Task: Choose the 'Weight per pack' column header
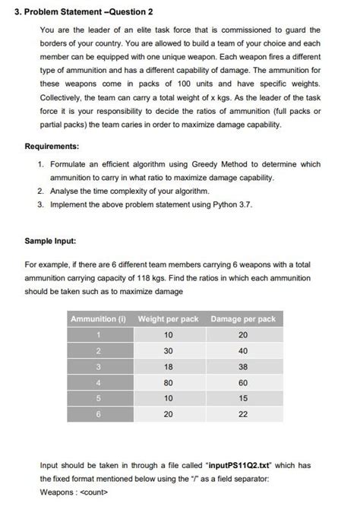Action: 168,319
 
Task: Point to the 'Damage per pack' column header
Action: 243,319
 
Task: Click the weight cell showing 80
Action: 168,383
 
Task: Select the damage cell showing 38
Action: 243,367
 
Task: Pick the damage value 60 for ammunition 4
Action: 243,383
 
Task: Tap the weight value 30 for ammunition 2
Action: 168,351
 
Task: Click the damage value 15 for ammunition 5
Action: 243,399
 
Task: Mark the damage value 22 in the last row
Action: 243,415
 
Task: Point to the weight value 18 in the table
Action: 168,367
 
